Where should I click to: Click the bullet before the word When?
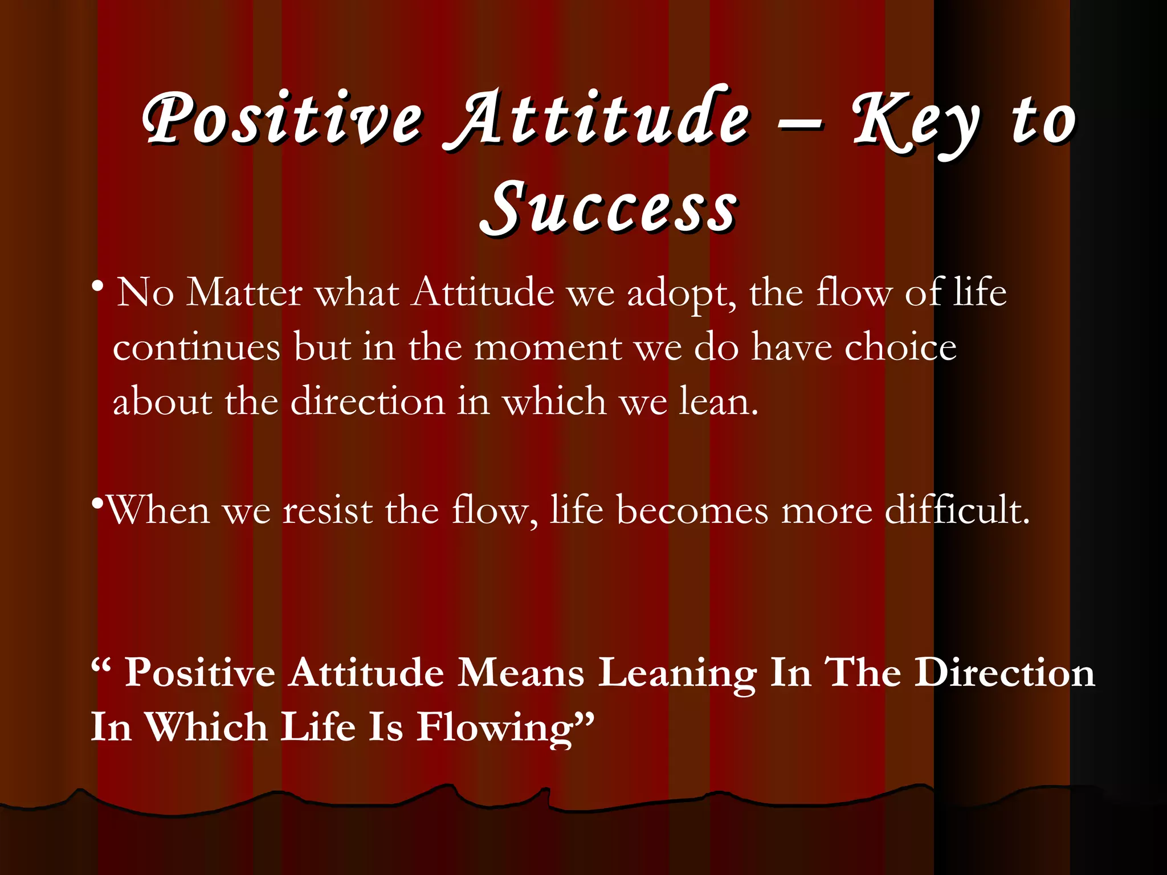[x=97, y=504]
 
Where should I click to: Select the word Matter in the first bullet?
[x=244, y=293]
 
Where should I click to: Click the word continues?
[x=197, y=347]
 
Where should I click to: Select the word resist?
[x=328, y=510]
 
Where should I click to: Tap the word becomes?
[x=692, y=510]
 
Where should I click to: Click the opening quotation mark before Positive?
[x=99, y=664]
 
